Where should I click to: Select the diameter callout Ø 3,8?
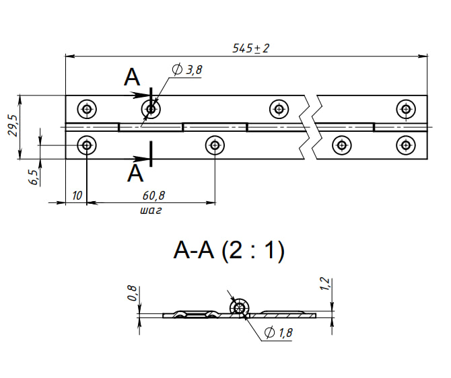click(x=187, y=69)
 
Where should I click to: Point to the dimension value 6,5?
click(x=34, y=176)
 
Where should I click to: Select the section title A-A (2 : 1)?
click(x=229, y=251)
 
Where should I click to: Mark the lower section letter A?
click(x=135, y=174)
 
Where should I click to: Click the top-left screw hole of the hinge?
click(x=86, y=108)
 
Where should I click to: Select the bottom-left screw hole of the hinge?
click(x=86, y=144)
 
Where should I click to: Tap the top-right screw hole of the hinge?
click(x=405, y=108)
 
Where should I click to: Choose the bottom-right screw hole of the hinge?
click(x=405, y=144)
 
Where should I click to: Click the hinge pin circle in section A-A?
click(x=238, y=308)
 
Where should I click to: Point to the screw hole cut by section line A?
click(x=150, y=108)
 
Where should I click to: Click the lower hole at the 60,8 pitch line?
click(x=214, y=144)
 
